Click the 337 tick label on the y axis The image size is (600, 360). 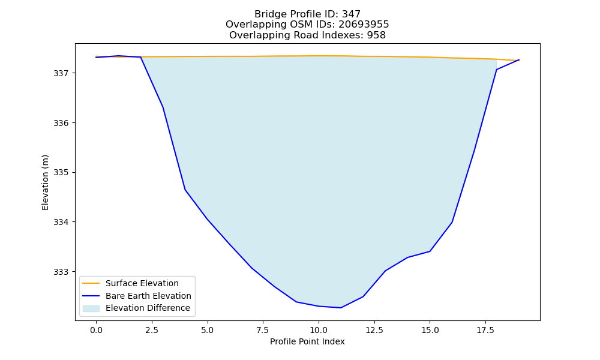(60, 73)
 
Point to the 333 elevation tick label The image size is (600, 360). (60, 272)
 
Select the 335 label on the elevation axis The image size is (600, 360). (60, 173)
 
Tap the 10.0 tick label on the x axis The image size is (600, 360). (319, 330)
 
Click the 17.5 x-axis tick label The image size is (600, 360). (485, 330)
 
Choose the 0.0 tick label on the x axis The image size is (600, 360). (96, 330)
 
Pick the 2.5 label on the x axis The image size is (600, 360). (152, 330)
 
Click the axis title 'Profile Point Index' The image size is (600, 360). (307, 341)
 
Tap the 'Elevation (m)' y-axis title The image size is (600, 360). (45, 182)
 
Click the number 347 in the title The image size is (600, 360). (351, 14)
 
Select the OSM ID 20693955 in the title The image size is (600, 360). (364, 25)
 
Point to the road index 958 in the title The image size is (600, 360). (376, 35)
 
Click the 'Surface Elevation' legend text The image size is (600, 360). (142, 283)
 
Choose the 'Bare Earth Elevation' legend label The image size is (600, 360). (148, 296)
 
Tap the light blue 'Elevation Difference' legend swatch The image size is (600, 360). (91, 308)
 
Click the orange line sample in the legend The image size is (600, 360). (91, 283)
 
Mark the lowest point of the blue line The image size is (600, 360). (341, 308)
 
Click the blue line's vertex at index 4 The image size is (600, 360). (185, 190)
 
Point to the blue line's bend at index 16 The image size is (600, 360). (452, 222)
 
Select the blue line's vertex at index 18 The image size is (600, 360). (496, 70)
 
